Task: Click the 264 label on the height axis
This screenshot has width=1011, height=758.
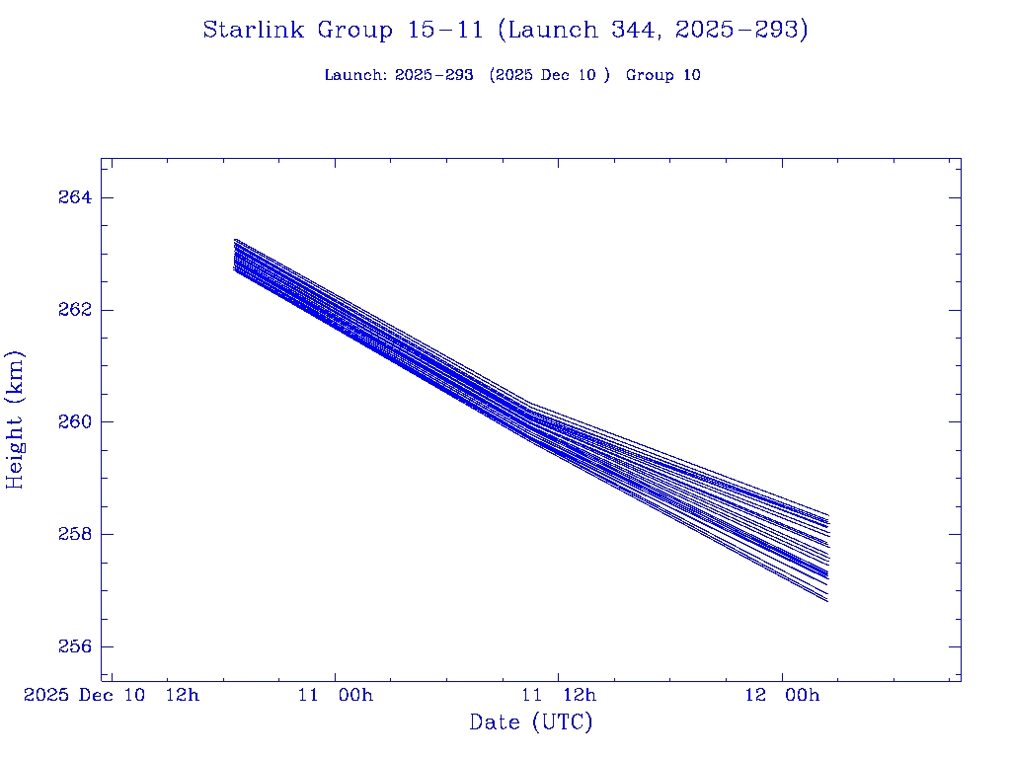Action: [x=74, y=197]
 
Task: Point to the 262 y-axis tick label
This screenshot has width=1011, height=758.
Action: [x=74, y=310]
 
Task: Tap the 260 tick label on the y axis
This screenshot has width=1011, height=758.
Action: [x=74, y=421]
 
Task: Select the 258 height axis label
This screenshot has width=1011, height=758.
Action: [x=74, y=534]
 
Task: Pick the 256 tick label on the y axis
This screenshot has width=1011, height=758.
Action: [x=74, y=646]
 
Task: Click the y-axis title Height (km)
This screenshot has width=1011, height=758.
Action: [x=15, y=419]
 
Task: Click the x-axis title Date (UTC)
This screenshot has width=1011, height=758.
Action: [x=531, y=722]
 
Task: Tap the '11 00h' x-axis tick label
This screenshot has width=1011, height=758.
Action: [x=336, y=695]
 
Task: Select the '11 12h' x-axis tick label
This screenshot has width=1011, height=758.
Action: [x=559, y=695]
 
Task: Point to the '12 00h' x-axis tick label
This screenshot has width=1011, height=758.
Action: [x=783, y=695]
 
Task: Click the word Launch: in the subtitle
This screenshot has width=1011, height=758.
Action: [x=355, y=75]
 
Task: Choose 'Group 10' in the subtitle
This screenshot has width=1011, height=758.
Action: [x=663, y=75]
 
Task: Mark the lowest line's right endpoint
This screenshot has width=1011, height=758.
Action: [x=827, y=601]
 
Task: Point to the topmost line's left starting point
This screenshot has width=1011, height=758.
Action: [x=235, y=239]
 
